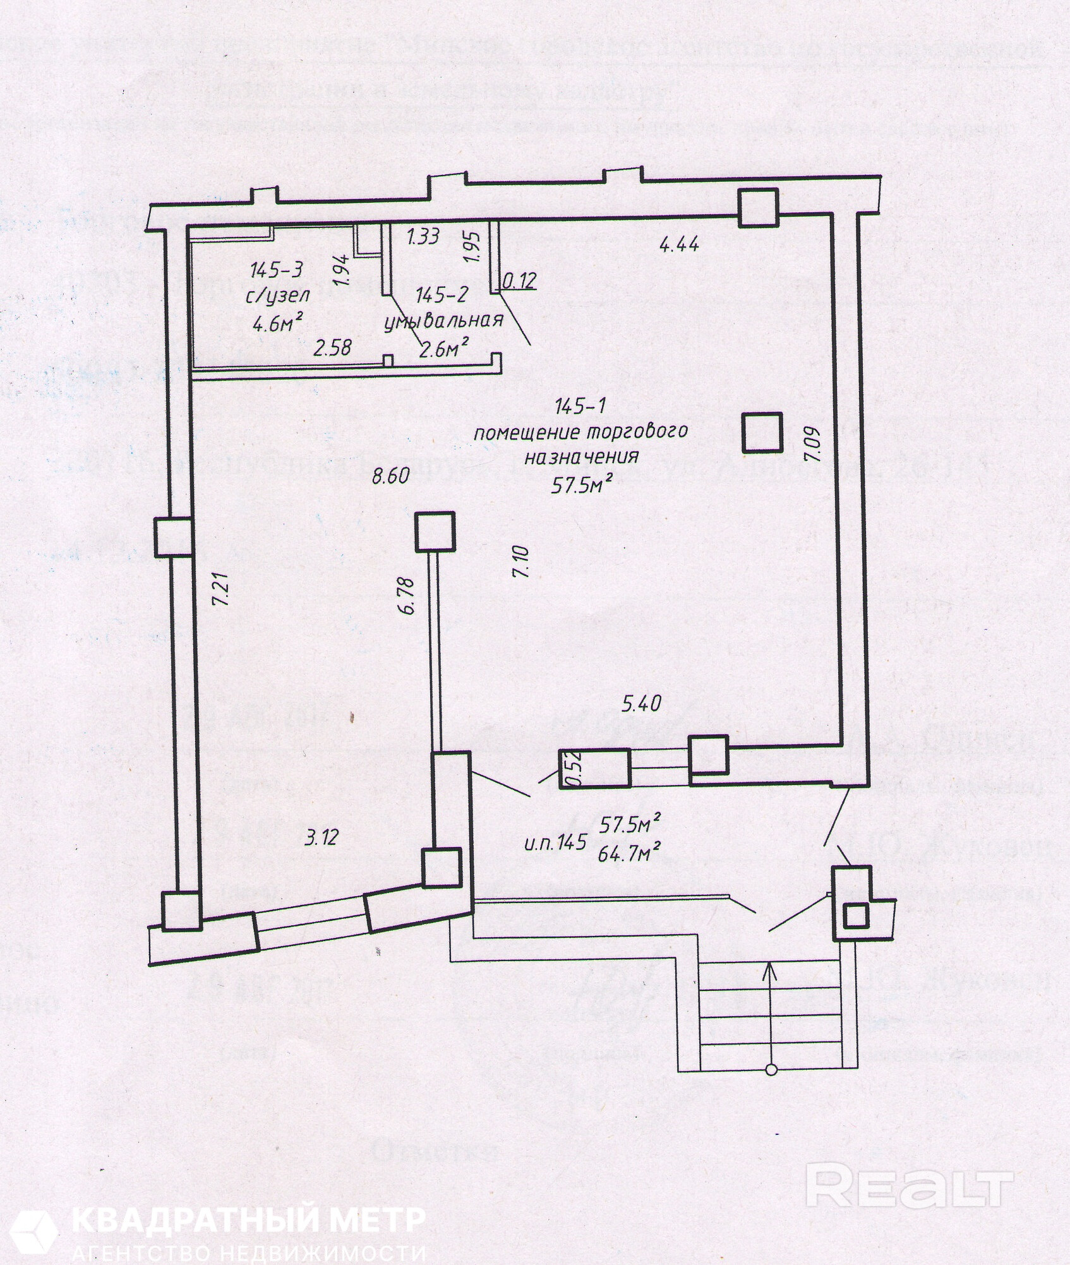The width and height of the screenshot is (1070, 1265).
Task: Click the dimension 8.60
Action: [x=391, y=476]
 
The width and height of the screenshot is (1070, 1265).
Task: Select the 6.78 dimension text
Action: [x=407, y=595]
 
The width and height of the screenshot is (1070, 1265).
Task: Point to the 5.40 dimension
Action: [x=641, y=702]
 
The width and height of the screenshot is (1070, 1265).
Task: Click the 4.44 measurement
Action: [x=679, y=243]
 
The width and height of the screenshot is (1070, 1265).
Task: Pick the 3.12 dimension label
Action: [x=322, y=837]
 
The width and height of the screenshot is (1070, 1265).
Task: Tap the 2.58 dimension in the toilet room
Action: [x=333, y=347]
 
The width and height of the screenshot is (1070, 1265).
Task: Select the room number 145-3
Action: [x=276, y=270]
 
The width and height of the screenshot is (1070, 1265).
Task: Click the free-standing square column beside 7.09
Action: [x=762, y=432]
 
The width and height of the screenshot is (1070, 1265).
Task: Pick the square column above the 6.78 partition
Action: [x=435, y=531]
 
